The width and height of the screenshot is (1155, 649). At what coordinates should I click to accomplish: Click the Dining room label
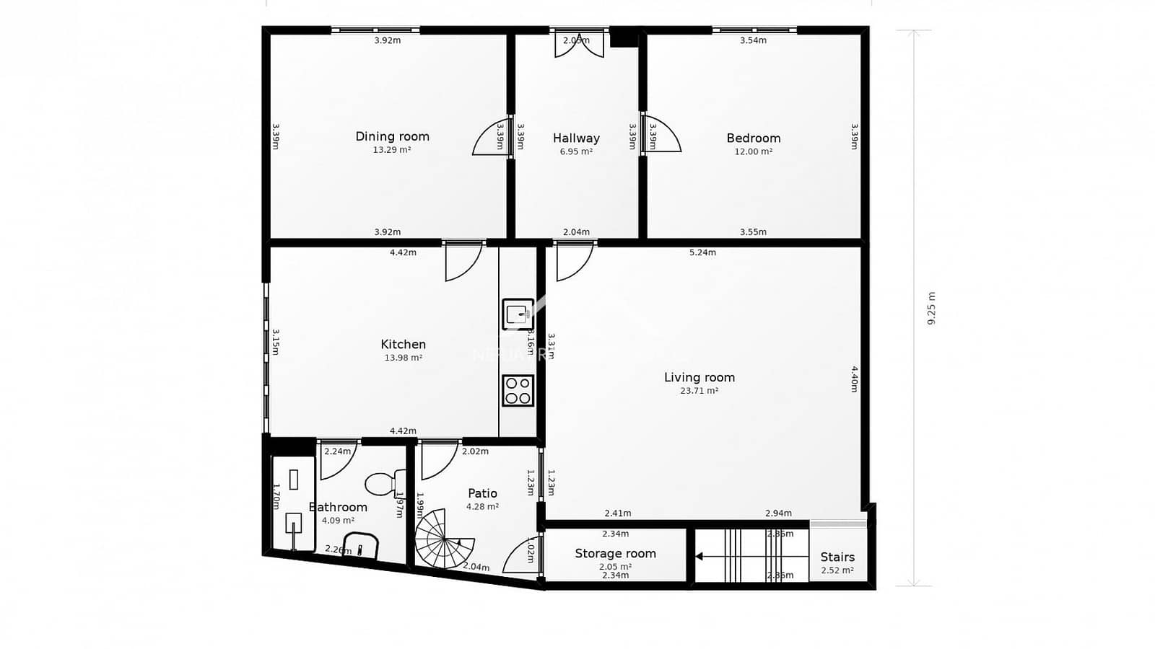pyautogui.click(x=392, y=136)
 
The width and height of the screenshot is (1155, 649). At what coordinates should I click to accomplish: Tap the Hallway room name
pyautogui.click(x=576, y=138)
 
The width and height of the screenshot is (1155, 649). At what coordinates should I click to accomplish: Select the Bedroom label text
pyautogui.click(x=753, y=138)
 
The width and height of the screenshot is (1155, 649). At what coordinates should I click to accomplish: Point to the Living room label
pyautogui.click(x=699, y=377)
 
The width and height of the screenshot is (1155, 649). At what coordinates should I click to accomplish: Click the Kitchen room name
pyautogui.click(x=403, y=345)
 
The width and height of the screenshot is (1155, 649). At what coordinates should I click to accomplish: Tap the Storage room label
pyautogui.click(x=615, y=553)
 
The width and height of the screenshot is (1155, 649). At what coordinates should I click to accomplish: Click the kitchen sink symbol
pyautogui.click(x=518, y=314)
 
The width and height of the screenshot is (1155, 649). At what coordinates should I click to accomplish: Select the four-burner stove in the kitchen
pyautogui.click(x=518, y=390)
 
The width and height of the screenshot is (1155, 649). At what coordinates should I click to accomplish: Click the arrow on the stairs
pyautogui.click(x=699, y=556)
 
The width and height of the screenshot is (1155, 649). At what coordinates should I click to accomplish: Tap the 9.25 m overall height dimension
pyautogui.click(x=930, y=308)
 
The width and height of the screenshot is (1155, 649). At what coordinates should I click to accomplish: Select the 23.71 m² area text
pyautogui.click(x=699, y=391)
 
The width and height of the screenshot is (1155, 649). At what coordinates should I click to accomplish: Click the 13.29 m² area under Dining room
pyautogui.click(x=392, y=150)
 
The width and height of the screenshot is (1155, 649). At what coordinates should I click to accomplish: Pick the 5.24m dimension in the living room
pyautogui.click(x=702, y=252)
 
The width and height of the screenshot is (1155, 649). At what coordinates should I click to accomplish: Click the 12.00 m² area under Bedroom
pyautogui.click(x=753, y=151)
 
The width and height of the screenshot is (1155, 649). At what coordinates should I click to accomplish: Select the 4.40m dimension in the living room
pyautogui.click(x=854, y=379)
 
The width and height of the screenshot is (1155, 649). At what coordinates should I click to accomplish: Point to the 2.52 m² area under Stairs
pyautogui.click(x=837, y=570)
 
